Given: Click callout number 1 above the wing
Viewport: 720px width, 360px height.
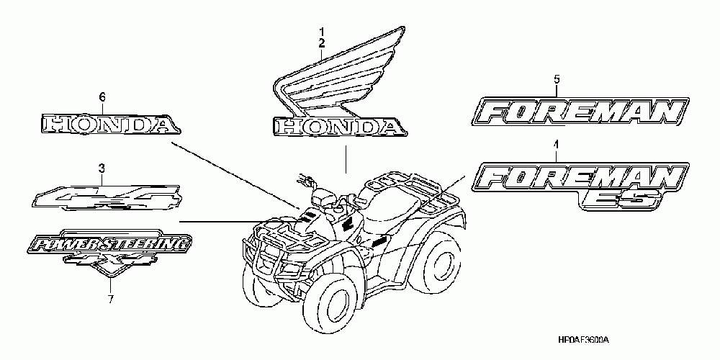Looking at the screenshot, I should click(x=322, y=32).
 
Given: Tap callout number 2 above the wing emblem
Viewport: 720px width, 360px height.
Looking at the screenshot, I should click(x=322, y=43).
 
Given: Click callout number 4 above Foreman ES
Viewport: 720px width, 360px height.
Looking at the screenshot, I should click(x=555, y=146).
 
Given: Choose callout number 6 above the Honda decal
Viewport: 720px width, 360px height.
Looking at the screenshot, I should click(x=102, y=96).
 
